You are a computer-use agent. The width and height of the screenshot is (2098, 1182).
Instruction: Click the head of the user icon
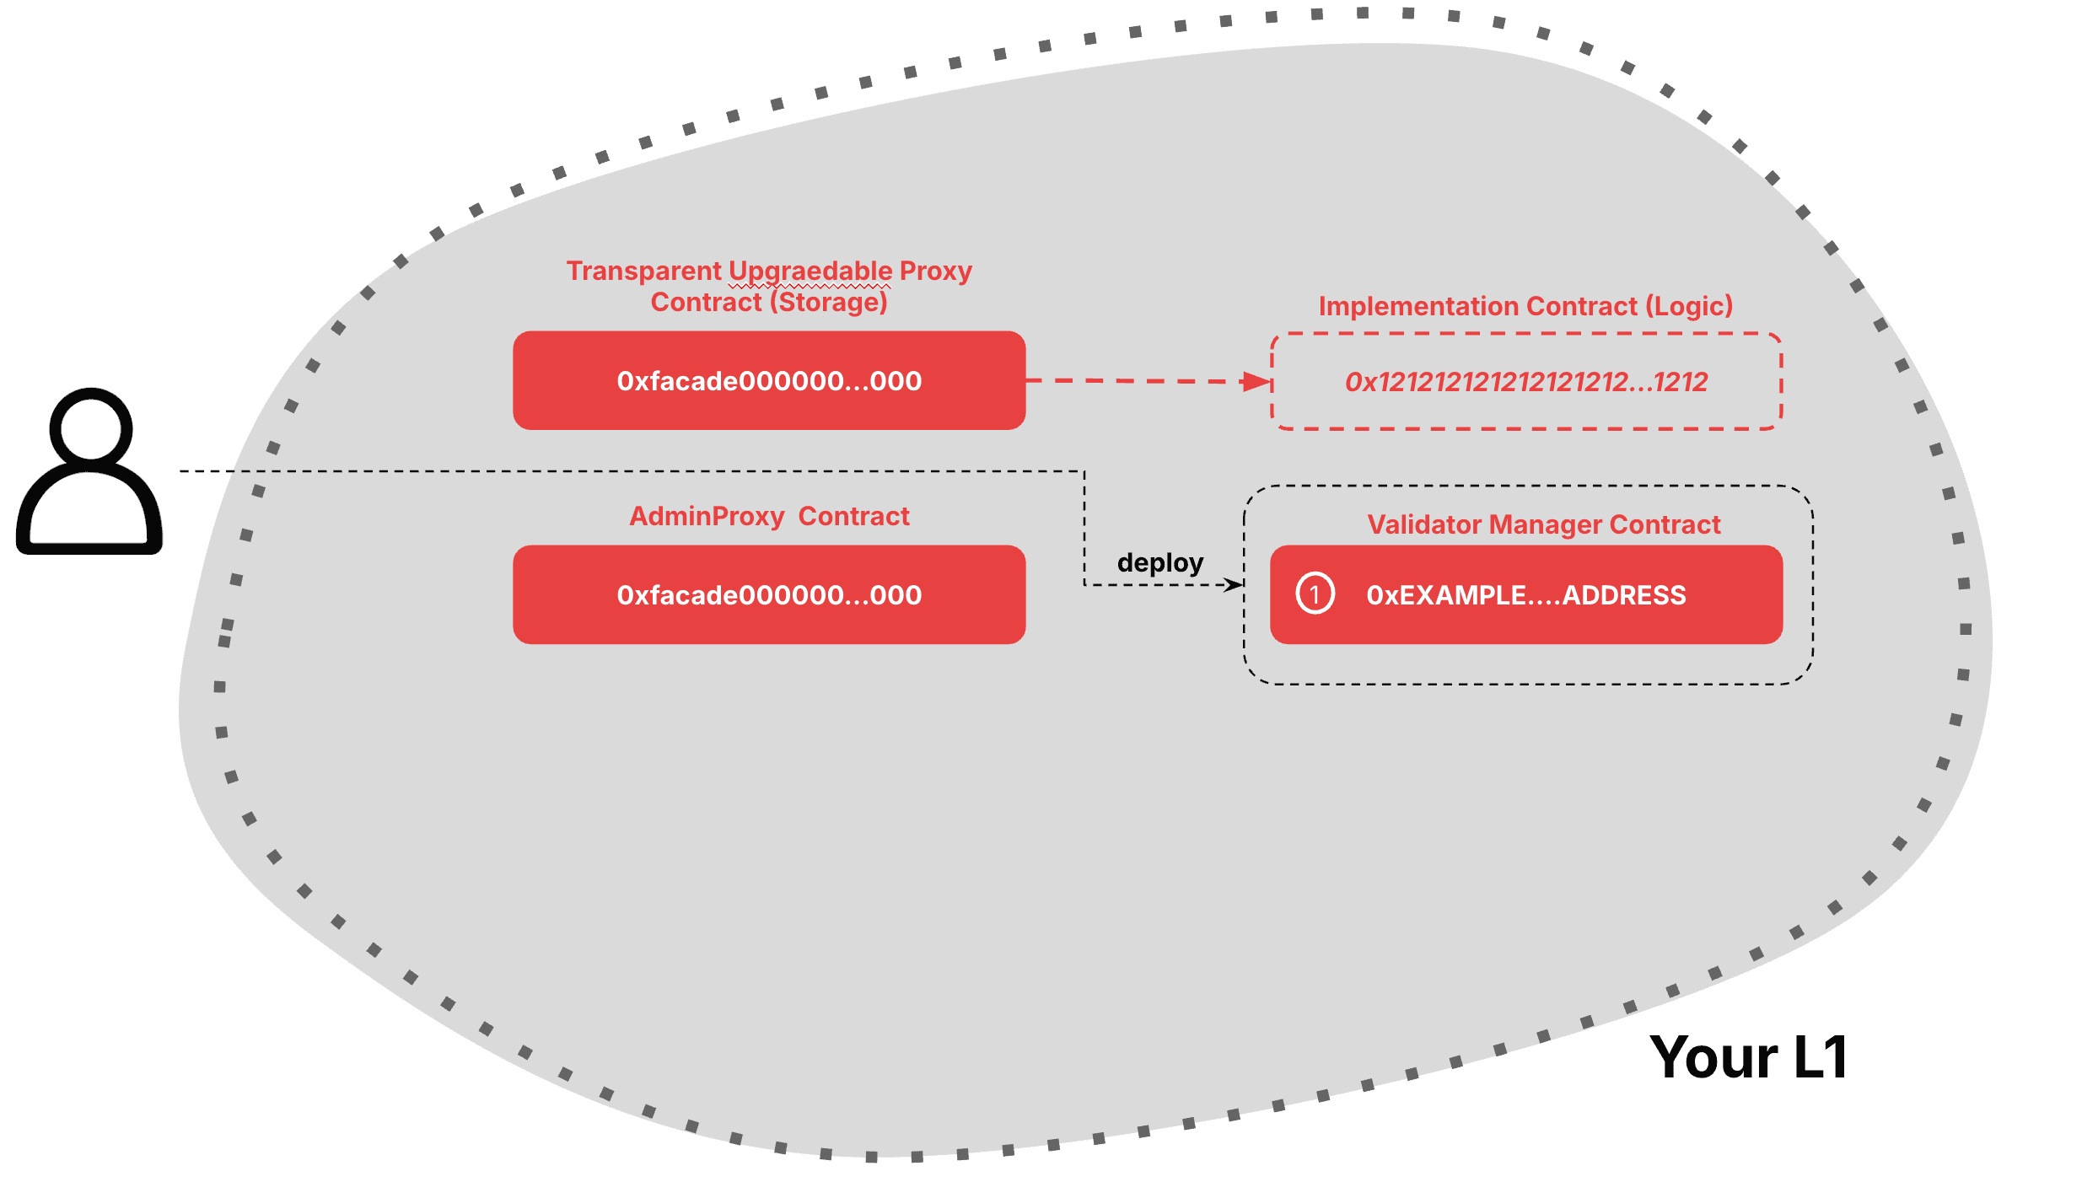pos(91,427)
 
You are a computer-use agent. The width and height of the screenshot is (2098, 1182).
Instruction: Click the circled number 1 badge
pos(1315,594)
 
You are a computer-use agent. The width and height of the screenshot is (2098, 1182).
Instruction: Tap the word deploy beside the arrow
pos(1159,562)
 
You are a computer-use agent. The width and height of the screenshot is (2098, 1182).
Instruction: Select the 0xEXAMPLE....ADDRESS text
pos(1526,595)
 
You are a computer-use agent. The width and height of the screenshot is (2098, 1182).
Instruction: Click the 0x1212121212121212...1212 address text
pos(1526,382)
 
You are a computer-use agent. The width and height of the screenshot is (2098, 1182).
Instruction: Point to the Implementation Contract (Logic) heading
pos(1525,306)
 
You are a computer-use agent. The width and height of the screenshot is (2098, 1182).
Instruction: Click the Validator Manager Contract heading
pos(1543,524)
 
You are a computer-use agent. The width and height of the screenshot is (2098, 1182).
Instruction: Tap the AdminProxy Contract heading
pos(769,516)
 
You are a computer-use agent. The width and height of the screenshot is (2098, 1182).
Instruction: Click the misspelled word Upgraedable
pos(810,271)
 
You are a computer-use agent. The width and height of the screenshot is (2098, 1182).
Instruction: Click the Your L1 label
pos(1749,1056)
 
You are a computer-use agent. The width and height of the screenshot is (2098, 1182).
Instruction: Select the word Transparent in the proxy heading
pos(644,271)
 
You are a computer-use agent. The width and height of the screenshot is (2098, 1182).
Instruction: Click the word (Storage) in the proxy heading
pos(829,302)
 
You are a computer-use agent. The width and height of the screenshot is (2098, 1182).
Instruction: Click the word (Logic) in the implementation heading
pos(1689,306)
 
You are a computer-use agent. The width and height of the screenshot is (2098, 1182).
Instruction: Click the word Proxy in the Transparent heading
pos(936,271)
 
